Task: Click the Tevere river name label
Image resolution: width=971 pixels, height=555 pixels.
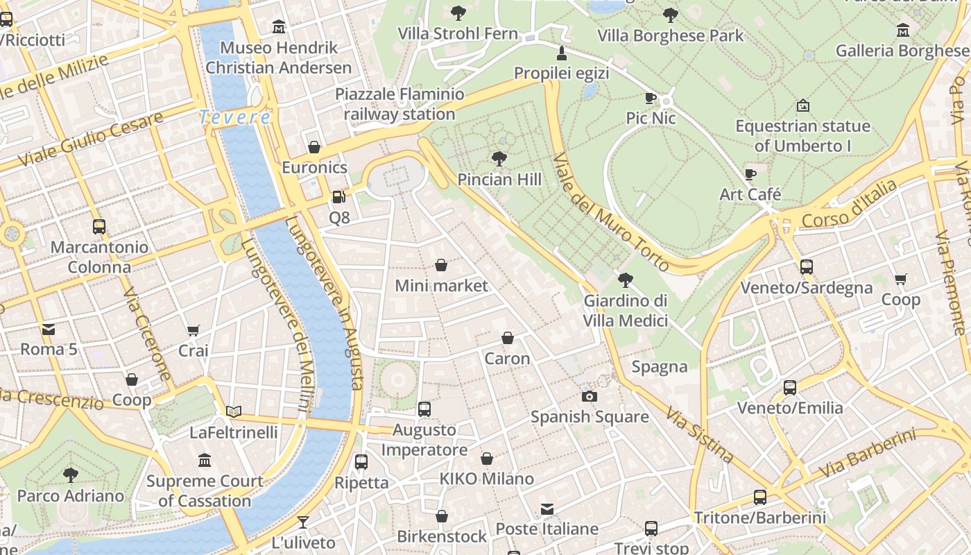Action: pyautogui.click(x=234, y=117)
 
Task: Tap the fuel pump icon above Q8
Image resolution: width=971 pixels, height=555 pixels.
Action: pyautogui.click(x=338, y=197)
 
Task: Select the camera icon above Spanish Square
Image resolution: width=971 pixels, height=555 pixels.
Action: pyautogui.click(x=590, y=396)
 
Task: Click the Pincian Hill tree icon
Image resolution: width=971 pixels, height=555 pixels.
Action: pyautogui.click(x=499, y=159)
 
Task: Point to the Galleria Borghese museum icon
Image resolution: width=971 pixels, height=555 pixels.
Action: pyautogui.click(x=902, y=30)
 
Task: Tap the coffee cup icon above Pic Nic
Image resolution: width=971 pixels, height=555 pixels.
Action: pyautogui.click(x=650, y=98)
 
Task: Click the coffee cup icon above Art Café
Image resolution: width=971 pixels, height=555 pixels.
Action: pyautogui.click(x=750, y=174)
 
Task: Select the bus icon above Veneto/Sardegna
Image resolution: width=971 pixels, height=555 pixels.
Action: pyautogui.click(x=806, y=267)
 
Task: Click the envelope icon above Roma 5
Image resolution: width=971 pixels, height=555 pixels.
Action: pyautogui.click(x=49, y=329)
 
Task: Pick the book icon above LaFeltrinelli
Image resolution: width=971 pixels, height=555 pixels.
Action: pyautogui.click(x=234, y=412)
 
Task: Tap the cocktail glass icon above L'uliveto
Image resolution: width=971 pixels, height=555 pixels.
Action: pyautogui.click(x=303, y=522)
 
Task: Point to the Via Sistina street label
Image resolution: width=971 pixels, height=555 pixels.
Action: pyautogui.click(x=699, y=435)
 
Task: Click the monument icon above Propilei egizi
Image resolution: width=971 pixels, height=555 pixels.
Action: pyautogui.click(x=561, y=53)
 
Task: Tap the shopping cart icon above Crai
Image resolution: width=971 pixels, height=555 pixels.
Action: pyautogui.click(x=194, y=331)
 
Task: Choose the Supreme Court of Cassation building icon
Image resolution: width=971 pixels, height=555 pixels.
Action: pyautogui.click(x=205, y=461)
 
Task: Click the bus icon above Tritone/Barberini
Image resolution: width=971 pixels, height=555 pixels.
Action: pyautogui.click(x=760, y=497)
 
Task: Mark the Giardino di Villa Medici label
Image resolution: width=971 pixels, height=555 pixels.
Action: pyautogui.click(x=625, y=310)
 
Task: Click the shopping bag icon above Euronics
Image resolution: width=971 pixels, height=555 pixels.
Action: pyautogui.click(x=314, y=147)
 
